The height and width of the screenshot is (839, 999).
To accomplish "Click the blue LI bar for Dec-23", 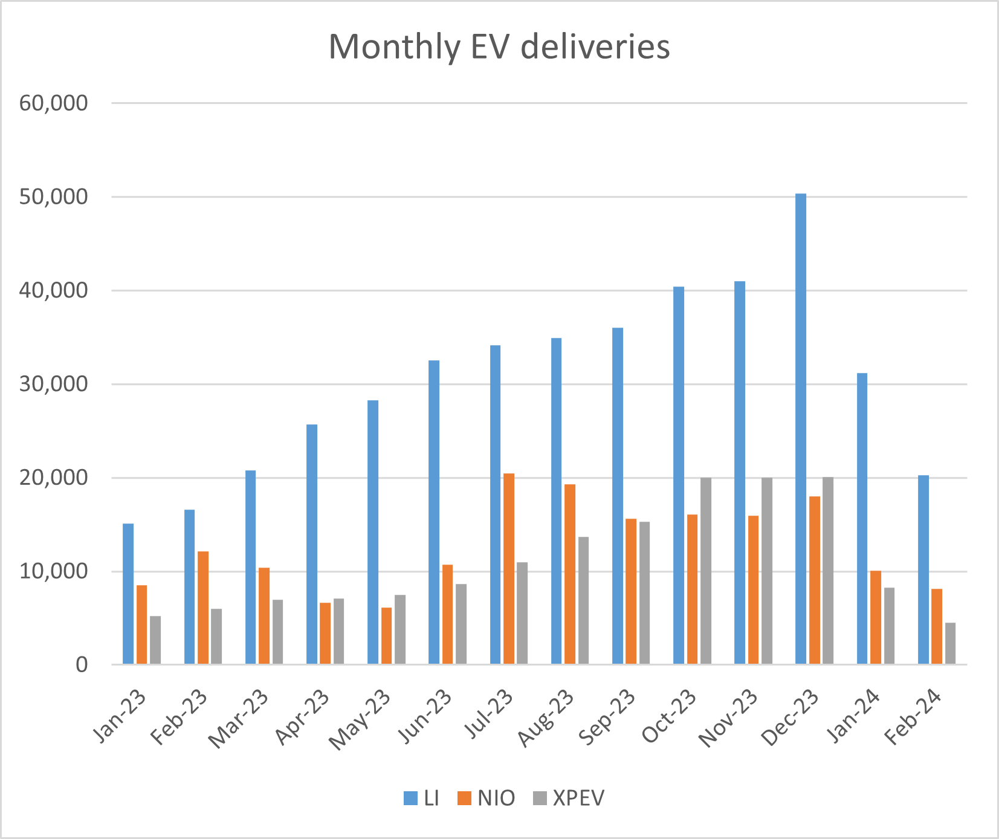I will (x=801, y=429).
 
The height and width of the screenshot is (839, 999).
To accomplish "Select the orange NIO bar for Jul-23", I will (x=509, y=569).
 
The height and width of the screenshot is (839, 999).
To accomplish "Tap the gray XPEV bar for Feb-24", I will (x=950, y=644).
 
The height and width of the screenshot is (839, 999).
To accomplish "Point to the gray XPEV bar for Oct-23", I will (x=706, y=571).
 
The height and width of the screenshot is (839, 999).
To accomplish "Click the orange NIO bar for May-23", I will (x=386, y=636).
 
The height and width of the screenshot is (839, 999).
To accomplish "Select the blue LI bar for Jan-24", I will (x=862, y=519).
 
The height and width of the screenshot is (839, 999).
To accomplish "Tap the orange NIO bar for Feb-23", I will (x=203, y=607).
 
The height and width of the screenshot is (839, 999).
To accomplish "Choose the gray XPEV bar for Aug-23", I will (x=583, y=601).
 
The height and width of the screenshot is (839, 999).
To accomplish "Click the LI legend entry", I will (x=422, y=799).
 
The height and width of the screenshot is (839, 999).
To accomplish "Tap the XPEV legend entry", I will (x=569, y=799).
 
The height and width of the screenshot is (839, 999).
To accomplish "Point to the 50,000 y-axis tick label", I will (x=53, y=197).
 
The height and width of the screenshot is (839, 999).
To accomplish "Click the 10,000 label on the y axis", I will (x=53, y=572).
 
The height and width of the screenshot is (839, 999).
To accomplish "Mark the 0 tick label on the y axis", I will (x=81, y=666).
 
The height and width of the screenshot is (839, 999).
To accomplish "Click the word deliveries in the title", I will (x=595, y=47).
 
